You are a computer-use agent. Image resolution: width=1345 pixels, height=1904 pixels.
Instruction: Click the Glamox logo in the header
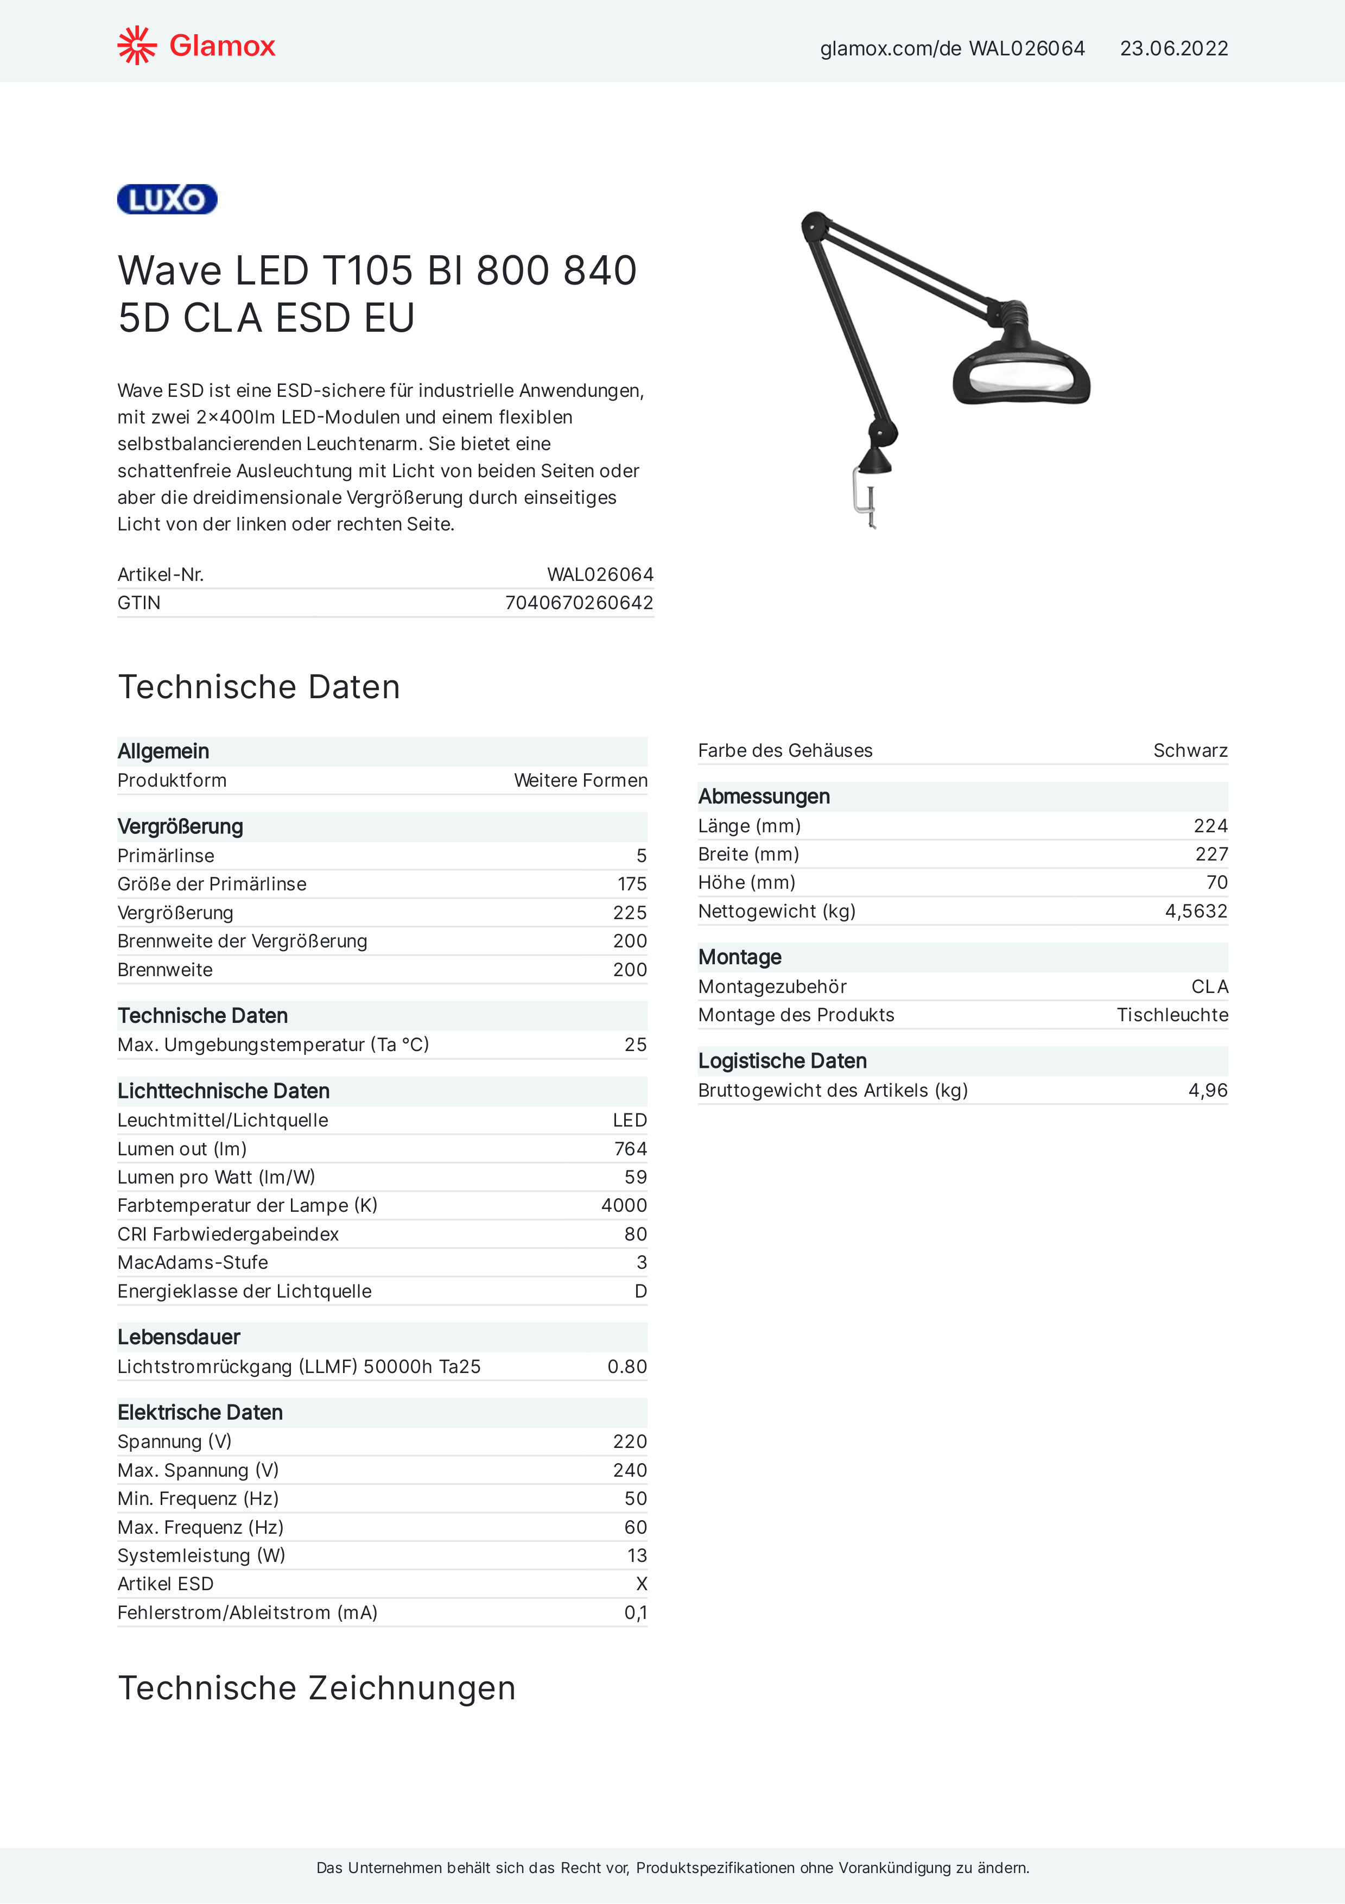click(x=196, y=46)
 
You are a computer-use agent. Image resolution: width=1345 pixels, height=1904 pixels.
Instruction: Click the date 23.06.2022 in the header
click(x=1173, y=49)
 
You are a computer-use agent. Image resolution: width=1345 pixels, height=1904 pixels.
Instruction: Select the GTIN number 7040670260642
click(x=579, y=603)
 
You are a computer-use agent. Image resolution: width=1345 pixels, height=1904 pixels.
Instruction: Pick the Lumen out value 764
click(x=630, y=1149)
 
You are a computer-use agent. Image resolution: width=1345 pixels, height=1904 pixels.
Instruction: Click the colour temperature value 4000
click(x=624, y=1205)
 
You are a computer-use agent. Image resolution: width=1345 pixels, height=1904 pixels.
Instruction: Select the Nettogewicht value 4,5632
click(x=1196, y=912)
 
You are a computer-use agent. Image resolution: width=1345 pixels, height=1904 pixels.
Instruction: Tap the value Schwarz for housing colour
click(x=1190, y=750)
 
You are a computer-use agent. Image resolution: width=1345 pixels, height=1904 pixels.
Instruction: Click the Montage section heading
click(x=740, y=957)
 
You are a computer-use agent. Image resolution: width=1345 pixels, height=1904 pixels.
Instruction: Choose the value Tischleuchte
click(x=1172, y=1015)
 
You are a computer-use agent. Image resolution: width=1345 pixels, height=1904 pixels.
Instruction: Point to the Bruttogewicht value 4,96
click(x=1207, y=1091)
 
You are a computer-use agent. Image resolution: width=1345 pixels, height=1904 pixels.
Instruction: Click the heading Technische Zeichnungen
click(x=317, y=1687)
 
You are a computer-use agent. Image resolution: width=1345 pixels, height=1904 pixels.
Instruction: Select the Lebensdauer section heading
click(x=179, y=1337)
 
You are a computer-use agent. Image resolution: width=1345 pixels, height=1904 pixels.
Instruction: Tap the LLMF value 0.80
click(x=627, y=1367)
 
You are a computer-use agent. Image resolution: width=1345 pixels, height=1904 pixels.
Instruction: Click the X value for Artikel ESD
click(x=641, y=1584)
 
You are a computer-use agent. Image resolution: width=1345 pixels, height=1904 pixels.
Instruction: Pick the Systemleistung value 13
click(x=637, y=1555)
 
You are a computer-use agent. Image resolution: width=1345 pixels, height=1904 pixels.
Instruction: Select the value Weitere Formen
click(x=580, y=780)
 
